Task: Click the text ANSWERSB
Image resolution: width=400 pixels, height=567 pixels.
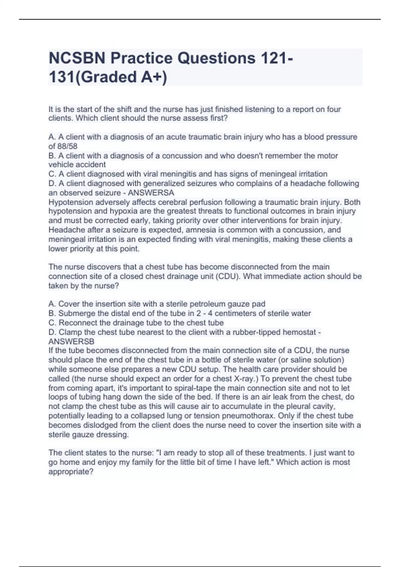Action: tap(71, 342)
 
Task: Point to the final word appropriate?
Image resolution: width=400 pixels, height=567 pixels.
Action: tap(71, 472)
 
